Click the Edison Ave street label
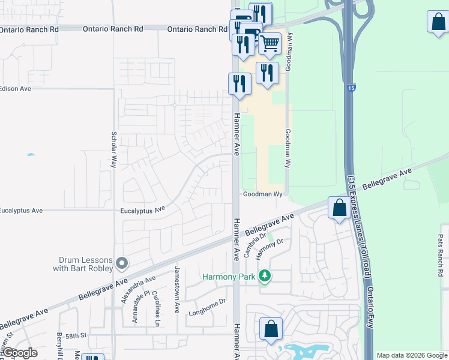click(x=15, y=88)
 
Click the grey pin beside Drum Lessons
click(x=122, y=263)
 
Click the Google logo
click(x=19, y=353)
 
